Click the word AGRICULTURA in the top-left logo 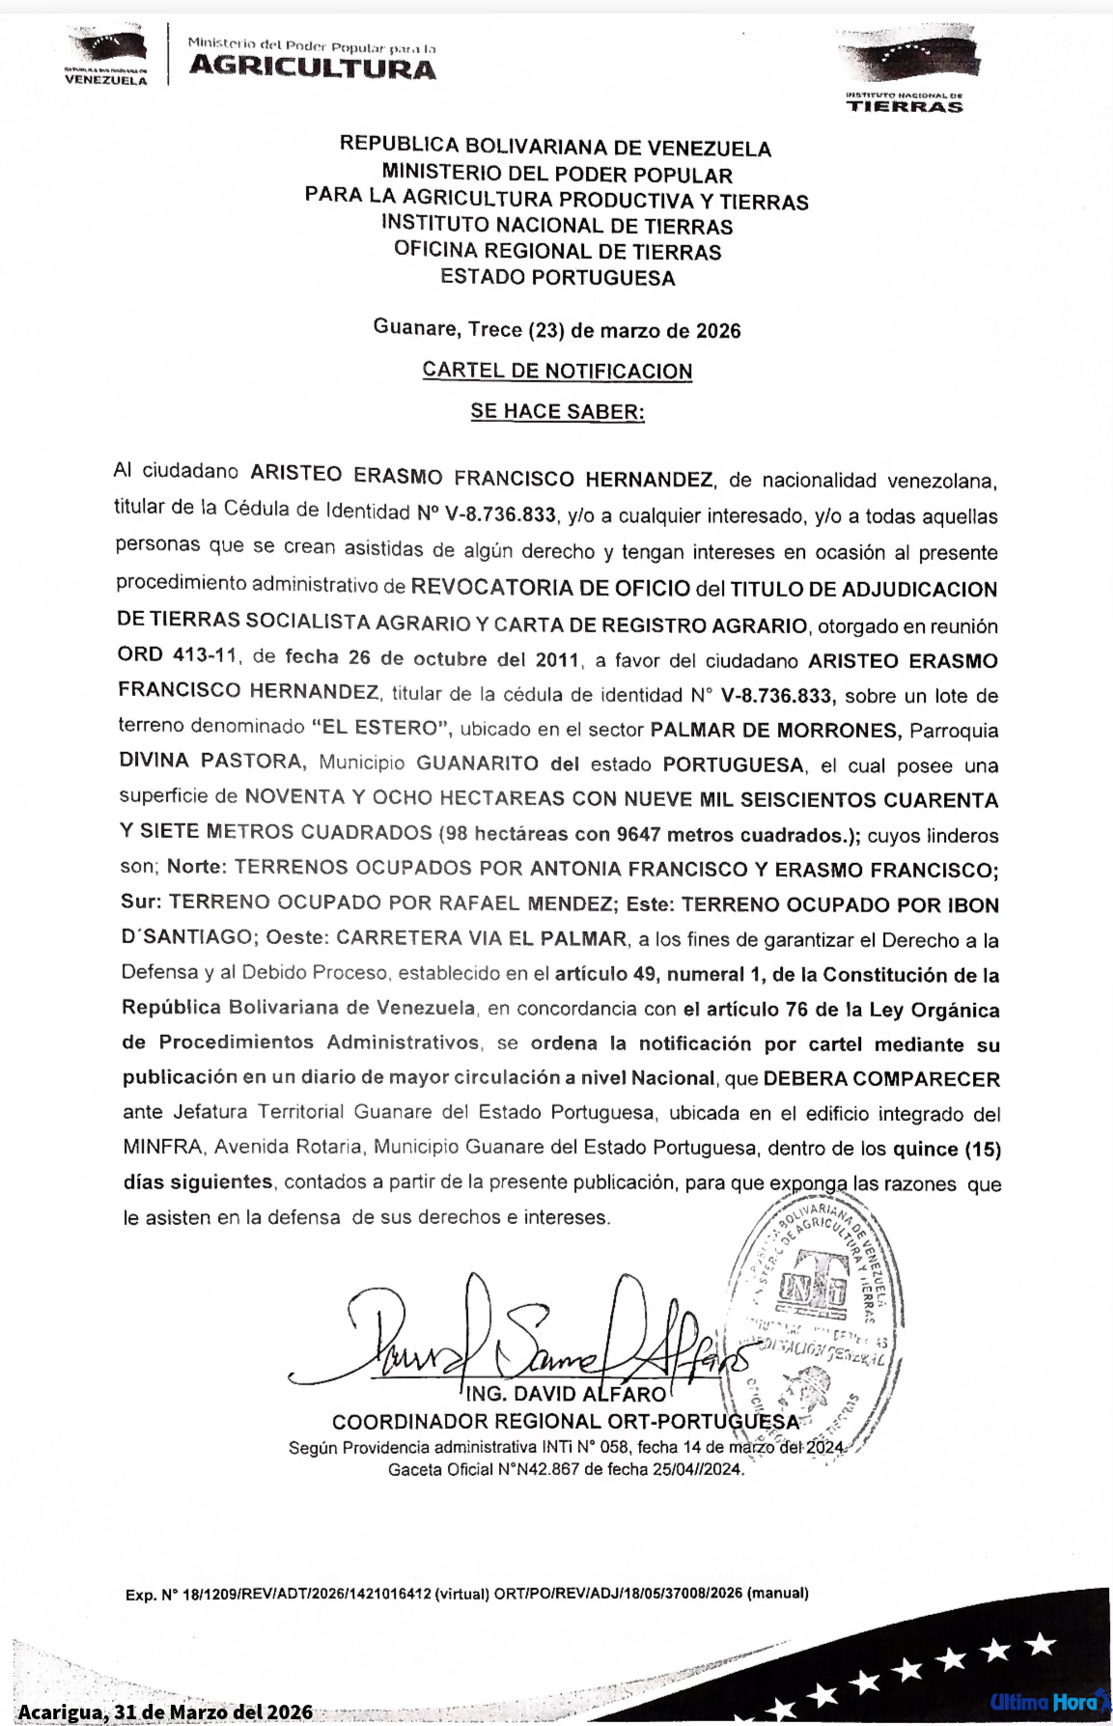pyautogui.click(x=312, y=68)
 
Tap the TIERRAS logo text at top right pyautogui.click(x=904, y=107)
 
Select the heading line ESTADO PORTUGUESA pyautogui.click(x=557, y=278)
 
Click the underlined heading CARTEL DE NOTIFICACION pyautogui.click(x=557, y=372)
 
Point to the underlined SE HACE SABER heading pyautogui.click(x=557, y=412)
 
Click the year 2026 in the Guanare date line pyautogui.click(x=718, y=331)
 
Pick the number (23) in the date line pyautogui.click(x=545, y=330)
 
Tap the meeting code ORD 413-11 pyautogui.click(x=177, y=655)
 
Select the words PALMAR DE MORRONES pyautogui.click(x=776, y=730)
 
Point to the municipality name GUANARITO pyautogui.click(x=477, y=764)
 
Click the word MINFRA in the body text pyautogui.click(x=162, y=1148)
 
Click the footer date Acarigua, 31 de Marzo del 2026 pyautogui.click(x=165, y=1712)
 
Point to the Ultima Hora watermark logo pyautogui.click(x=1046, y=1701)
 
